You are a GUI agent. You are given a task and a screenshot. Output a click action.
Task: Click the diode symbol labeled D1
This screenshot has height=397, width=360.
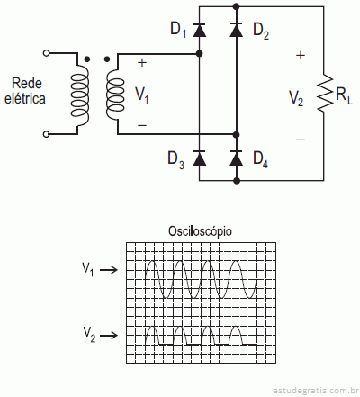tap(200, 30)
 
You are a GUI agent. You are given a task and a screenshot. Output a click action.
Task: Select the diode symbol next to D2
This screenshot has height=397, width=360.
tap(237, 30)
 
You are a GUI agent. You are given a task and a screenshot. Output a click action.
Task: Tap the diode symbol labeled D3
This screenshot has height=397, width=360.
tap(200, 158)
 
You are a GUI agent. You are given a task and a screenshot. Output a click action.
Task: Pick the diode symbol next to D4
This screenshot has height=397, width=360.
tap(237, 158)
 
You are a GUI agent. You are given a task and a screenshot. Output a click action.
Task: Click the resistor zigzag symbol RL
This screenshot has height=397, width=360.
tap(325, 94)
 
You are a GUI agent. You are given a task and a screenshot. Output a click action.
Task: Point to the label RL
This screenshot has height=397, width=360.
tap(344, 95)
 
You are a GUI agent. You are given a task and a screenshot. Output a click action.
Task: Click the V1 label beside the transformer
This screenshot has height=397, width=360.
tap(142, 95)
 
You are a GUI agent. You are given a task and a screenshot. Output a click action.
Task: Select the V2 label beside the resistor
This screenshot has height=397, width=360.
tap(296, 98)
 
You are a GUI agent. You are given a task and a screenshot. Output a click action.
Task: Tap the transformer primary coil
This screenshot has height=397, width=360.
tap(80, 95)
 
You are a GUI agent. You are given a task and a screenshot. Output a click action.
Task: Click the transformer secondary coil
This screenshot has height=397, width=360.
tap(115, 95)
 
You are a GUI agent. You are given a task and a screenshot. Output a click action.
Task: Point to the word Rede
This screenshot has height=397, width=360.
tap(27, 83)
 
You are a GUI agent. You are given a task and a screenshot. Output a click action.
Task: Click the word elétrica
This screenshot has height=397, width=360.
tap(25, 98)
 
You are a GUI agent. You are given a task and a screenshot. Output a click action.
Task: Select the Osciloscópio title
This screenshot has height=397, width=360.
tap(200, 231)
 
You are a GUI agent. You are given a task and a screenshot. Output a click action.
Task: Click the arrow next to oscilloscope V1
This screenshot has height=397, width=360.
tap(108, 270)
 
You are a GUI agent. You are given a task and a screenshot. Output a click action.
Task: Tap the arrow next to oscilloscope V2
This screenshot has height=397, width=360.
tap(108, 335)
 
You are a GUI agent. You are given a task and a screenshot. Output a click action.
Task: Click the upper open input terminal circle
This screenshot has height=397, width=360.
tap(46, 53)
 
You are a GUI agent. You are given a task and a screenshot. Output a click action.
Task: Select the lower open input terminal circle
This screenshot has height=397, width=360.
tap(46, 134)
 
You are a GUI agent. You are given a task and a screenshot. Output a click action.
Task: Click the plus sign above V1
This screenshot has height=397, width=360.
tap(142, 63)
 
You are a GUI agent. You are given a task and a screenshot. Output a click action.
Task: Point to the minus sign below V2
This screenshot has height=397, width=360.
tap(301, 140)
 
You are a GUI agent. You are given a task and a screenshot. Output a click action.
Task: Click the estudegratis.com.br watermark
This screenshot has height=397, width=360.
tap(316, 391)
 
